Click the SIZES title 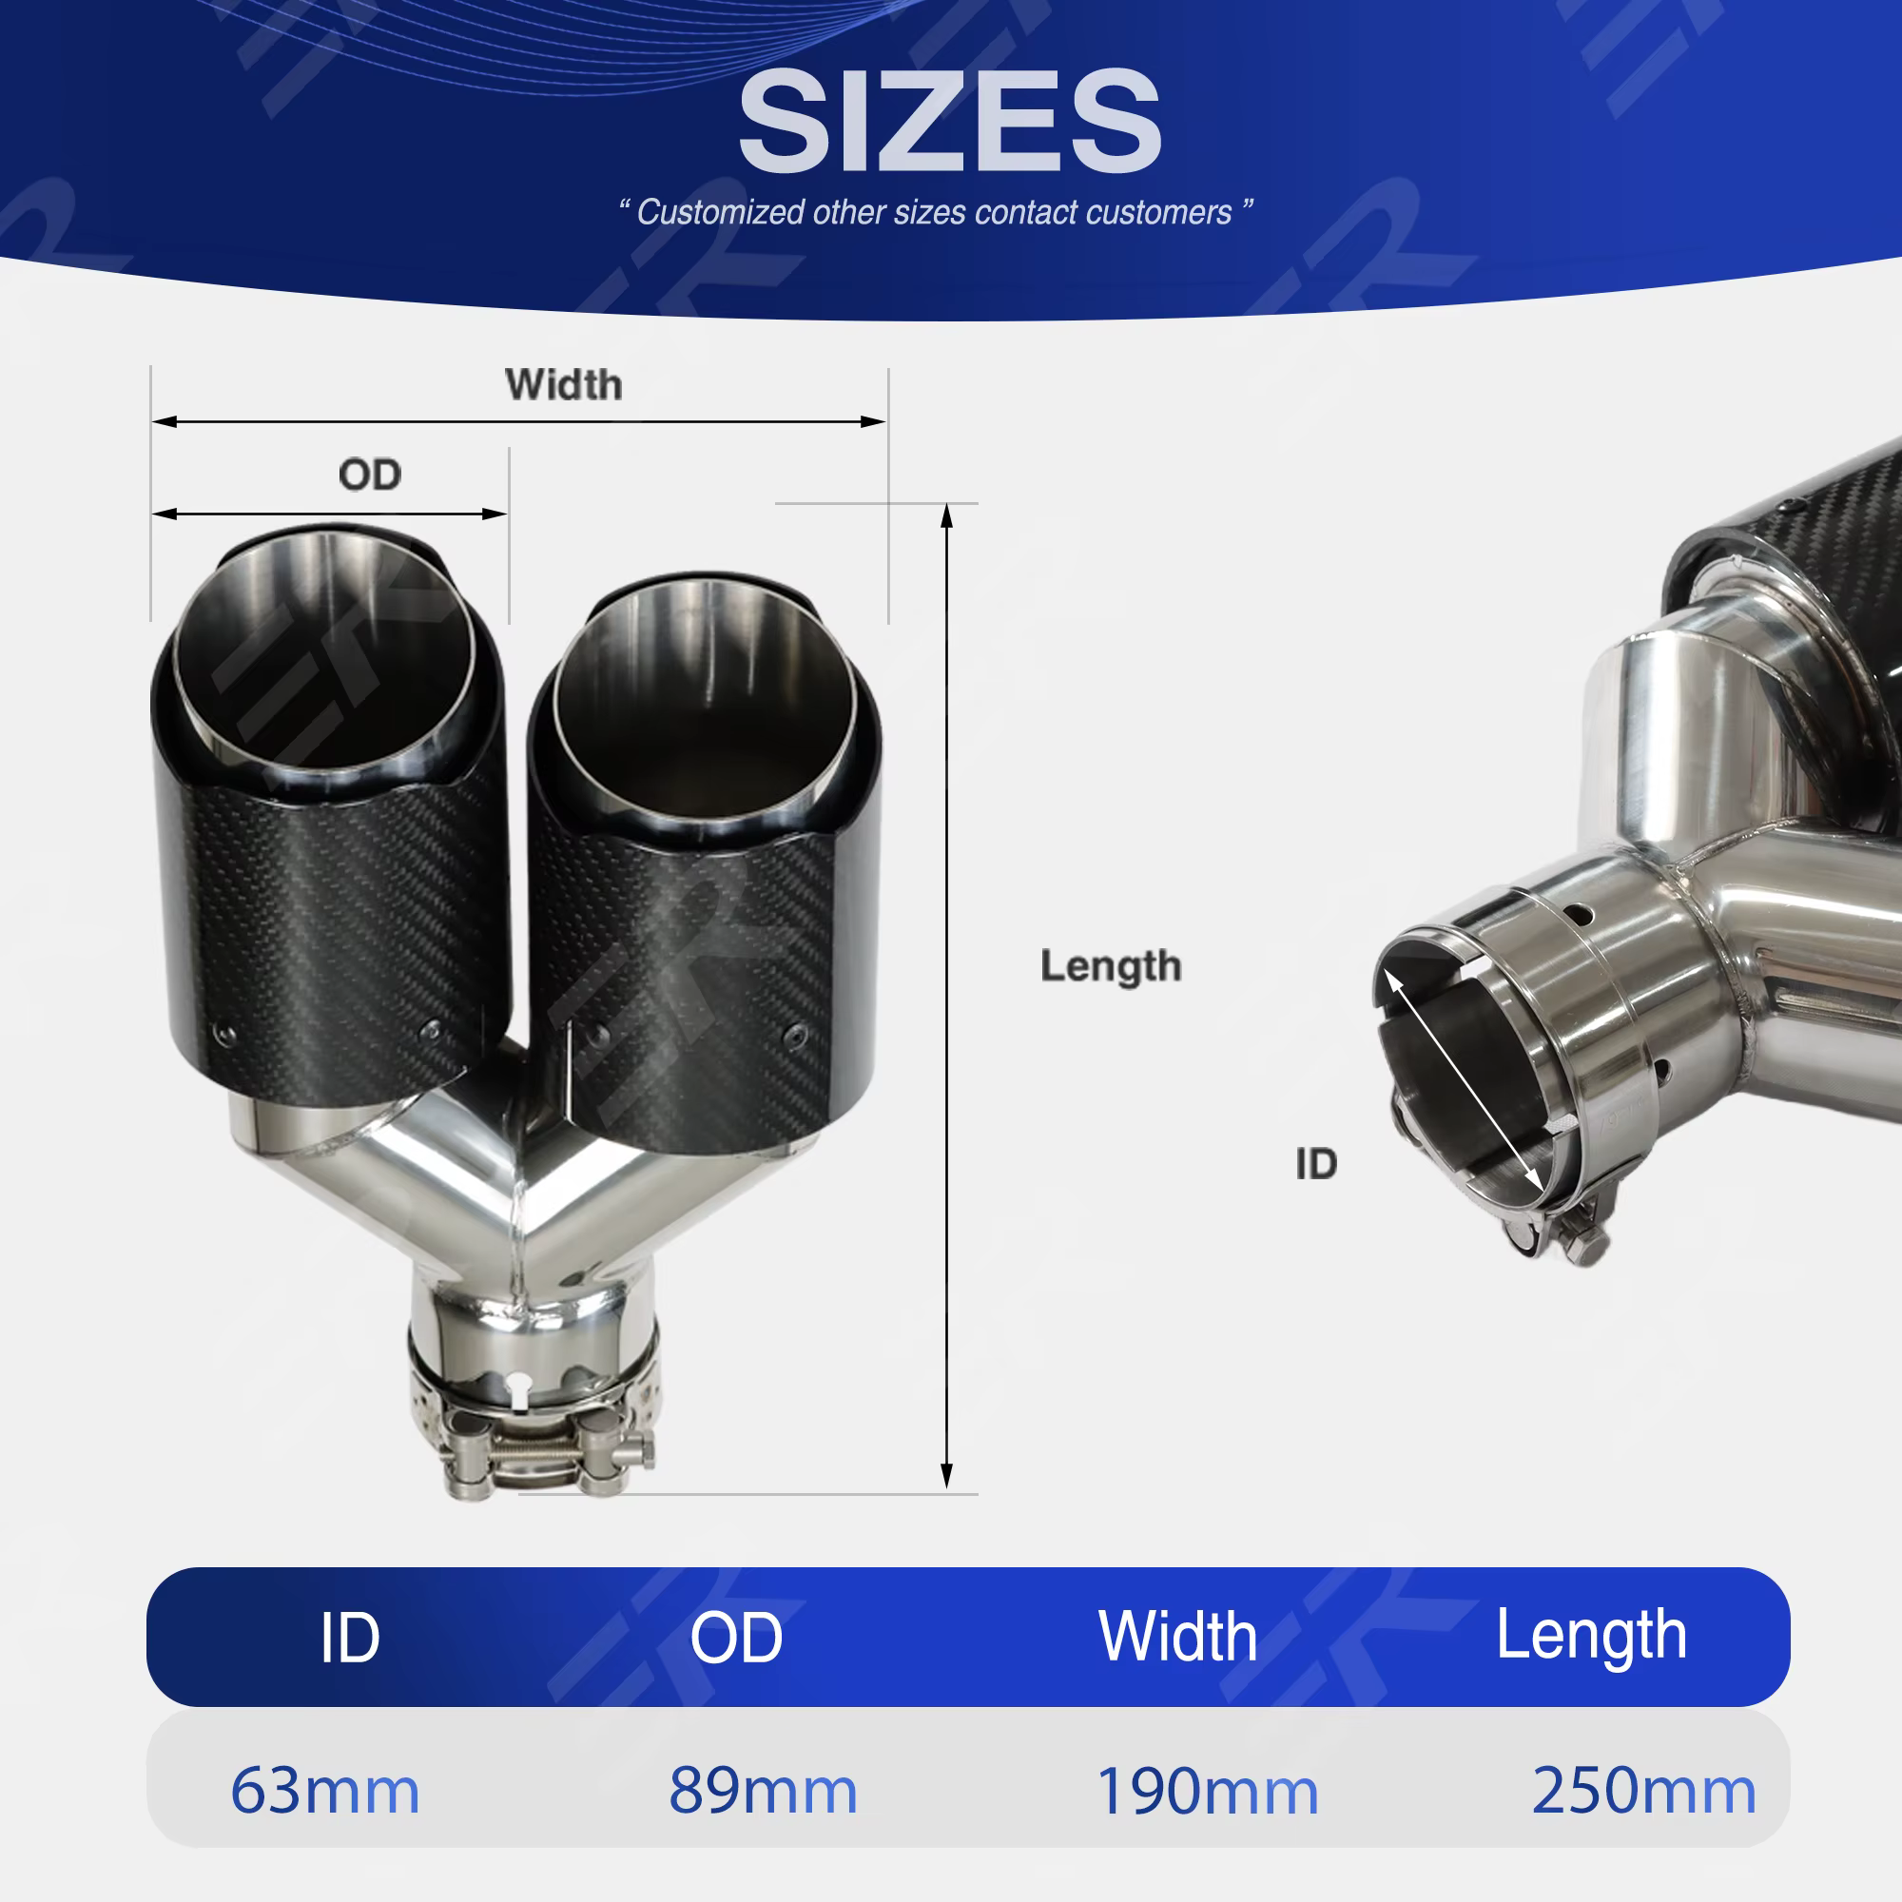pyautogui.click(x=950, y=122)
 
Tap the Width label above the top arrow pyautogui.click(x=564, y=385)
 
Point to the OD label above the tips pyautogui.click(x=370, y=475)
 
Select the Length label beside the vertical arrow pyautogui.click(x=1111, y=967)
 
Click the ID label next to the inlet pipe pyautogui.click(x=1316, y=1165)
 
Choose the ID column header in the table pyautogui.click(x=349, y=1640)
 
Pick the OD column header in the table pyautogui.click(x=736, y=1640)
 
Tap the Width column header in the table pyautogui.click(x=1178, y=1638)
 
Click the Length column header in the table pyautogui.click(x=1592, y=1639)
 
